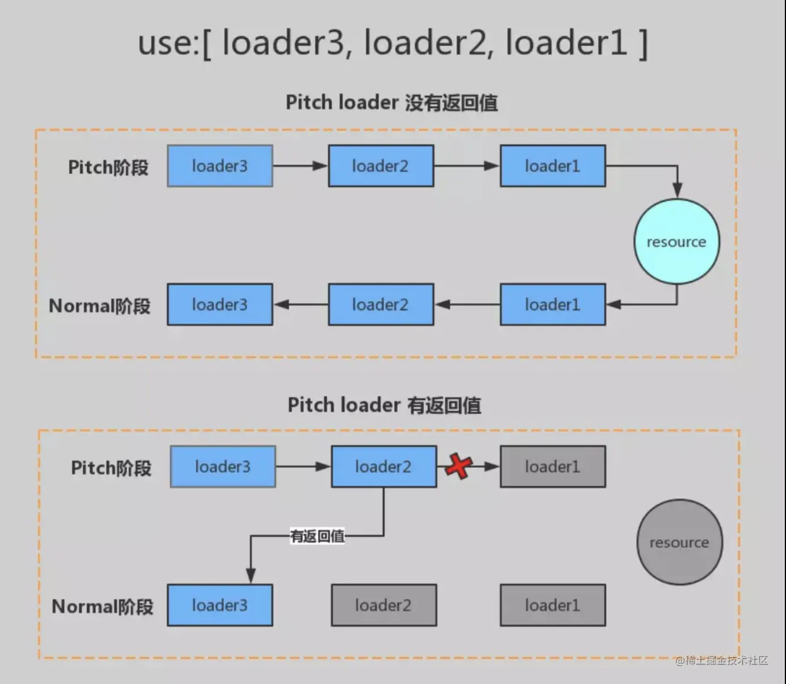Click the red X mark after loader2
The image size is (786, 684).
[459, 467]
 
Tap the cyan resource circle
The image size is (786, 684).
[676, 242]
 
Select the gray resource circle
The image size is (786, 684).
[679, 543]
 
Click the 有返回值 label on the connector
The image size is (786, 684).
[317, 536]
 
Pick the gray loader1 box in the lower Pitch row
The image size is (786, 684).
[552, 467]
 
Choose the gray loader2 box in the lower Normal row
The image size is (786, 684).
[383, 605]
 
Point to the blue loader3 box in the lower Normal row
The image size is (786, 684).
[220, 605]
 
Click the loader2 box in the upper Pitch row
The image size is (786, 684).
[380, 166]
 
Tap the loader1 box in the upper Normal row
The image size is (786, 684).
[552, 304]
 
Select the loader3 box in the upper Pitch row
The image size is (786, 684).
[220, 166]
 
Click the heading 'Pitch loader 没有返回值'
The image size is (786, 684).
[392, 103]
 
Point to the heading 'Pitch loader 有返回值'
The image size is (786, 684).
[384, 405]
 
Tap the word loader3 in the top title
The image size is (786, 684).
[283, 43]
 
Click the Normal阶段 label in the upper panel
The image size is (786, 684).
[100, 305]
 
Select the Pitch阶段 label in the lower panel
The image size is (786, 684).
[111, 468]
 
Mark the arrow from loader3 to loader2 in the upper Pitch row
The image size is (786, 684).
[300, 166]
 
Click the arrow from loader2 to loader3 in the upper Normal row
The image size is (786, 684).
[300, 304]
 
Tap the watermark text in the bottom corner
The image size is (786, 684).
[722, 660]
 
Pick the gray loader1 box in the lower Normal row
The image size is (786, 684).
[552, 605]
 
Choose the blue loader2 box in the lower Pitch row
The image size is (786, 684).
[383, 467]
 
